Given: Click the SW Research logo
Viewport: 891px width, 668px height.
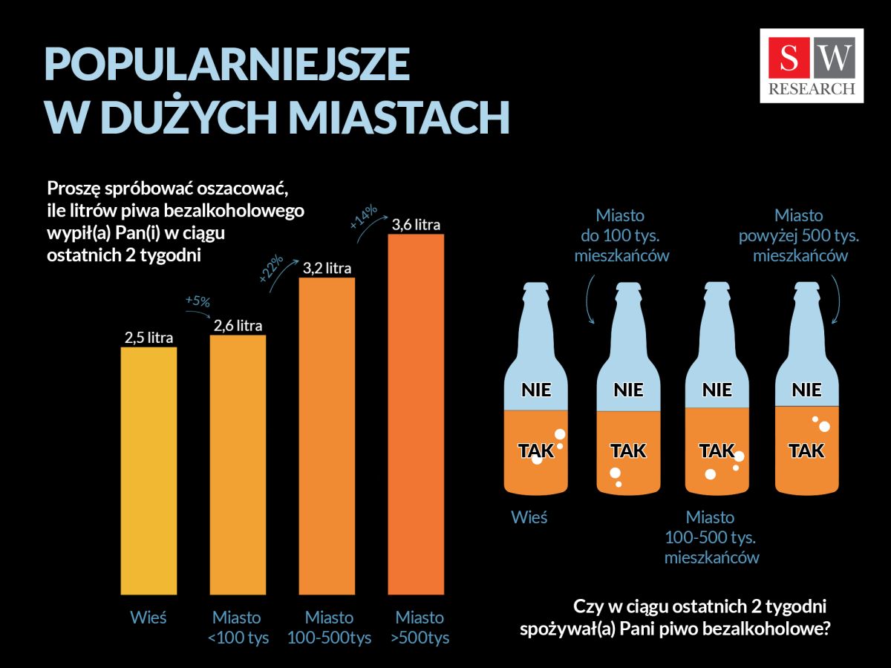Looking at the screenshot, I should pos(812,65).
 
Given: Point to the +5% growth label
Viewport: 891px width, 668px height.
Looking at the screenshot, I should pos(197,301).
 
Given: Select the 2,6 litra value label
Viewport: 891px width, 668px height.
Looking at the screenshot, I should pos(238,325).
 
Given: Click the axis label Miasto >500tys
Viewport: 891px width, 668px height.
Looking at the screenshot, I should pos(420,627).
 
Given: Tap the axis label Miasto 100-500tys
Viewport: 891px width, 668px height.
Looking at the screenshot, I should pos(329,627).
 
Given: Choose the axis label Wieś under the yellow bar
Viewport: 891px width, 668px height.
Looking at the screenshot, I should pos(148,618).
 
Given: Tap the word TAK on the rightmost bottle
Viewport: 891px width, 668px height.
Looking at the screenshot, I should pos(806,451).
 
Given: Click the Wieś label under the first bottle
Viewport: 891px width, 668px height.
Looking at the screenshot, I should pos(529,517).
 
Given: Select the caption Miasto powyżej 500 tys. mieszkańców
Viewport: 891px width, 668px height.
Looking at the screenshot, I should pos(799,235).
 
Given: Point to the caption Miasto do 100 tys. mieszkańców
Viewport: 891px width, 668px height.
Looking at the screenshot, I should pos(621,235).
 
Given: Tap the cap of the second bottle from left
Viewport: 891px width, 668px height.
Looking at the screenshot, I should pos(628,286).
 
